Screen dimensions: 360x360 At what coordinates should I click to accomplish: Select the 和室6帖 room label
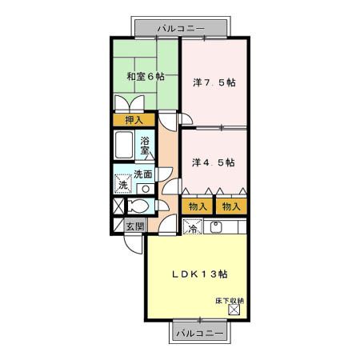point(146,78)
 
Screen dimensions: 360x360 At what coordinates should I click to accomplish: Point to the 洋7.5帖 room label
point(214,82)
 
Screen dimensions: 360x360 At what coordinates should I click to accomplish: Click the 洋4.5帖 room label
point(214,162)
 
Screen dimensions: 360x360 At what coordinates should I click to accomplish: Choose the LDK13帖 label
point(200,274)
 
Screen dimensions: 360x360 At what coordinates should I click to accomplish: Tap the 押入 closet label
point(134,121)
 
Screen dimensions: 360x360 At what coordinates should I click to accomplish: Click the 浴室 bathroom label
point(146,146)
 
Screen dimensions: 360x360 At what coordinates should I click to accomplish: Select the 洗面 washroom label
point(143,174)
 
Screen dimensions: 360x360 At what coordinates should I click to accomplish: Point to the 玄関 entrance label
point(135,226)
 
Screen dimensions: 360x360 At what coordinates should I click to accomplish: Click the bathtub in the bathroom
point(125,147)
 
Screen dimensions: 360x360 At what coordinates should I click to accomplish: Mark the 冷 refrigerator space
point(192,227)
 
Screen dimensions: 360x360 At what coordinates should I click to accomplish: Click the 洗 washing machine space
point(122,183)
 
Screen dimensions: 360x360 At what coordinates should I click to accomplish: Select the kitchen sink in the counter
point(214,227)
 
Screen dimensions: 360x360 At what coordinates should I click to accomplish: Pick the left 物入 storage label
point(198,207)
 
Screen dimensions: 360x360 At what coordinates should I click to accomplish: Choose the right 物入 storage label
point(230,207)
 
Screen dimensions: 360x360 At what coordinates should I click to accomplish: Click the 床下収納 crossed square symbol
point(234,310)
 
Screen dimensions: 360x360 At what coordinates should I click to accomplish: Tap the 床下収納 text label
point(230,301)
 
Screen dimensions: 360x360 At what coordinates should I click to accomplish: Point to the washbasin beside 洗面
point(145,189)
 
